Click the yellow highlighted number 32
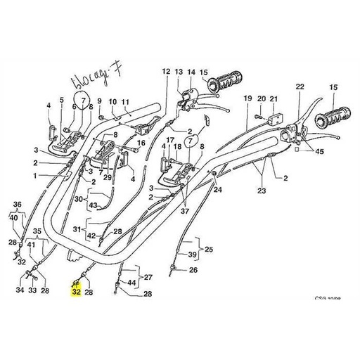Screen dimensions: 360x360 coord(77,290)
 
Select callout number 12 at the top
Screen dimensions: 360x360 coord(166,72)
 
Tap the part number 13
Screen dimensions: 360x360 coord(179,72)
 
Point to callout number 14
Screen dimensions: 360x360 coord(191,72)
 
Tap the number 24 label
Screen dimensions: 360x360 coord(217,190)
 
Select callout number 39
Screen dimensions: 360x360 coord(192,254)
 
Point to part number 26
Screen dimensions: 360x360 coord(194,270)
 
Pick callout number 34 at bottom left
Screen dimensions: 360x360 coord(20,290)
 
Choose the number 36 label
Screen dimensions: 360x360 coord(18,205)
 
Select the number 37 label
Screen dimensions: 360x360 coord(184,210)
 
